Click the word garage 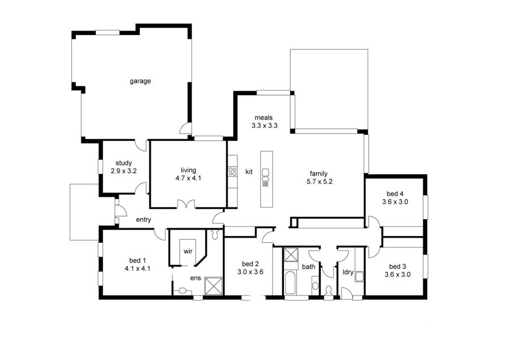point(140,81)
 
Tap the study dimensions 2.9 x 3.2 point(123,170)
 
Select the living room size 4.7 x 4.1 point(188,178)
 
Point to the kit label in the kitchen point(249,172)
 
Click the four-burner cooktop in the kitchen point(232,171)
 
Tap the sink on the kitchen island point(265,181)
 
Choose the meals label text point(264,118)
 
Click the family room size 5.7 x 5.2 point(318,182)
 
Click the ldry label point(348,272)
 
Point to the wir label point(187,250)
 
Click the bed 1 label point(137,260)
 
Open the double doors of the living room point(185,205)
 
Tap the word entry point(144,220)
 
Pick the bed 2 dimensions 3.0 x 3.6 point(250,272)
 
